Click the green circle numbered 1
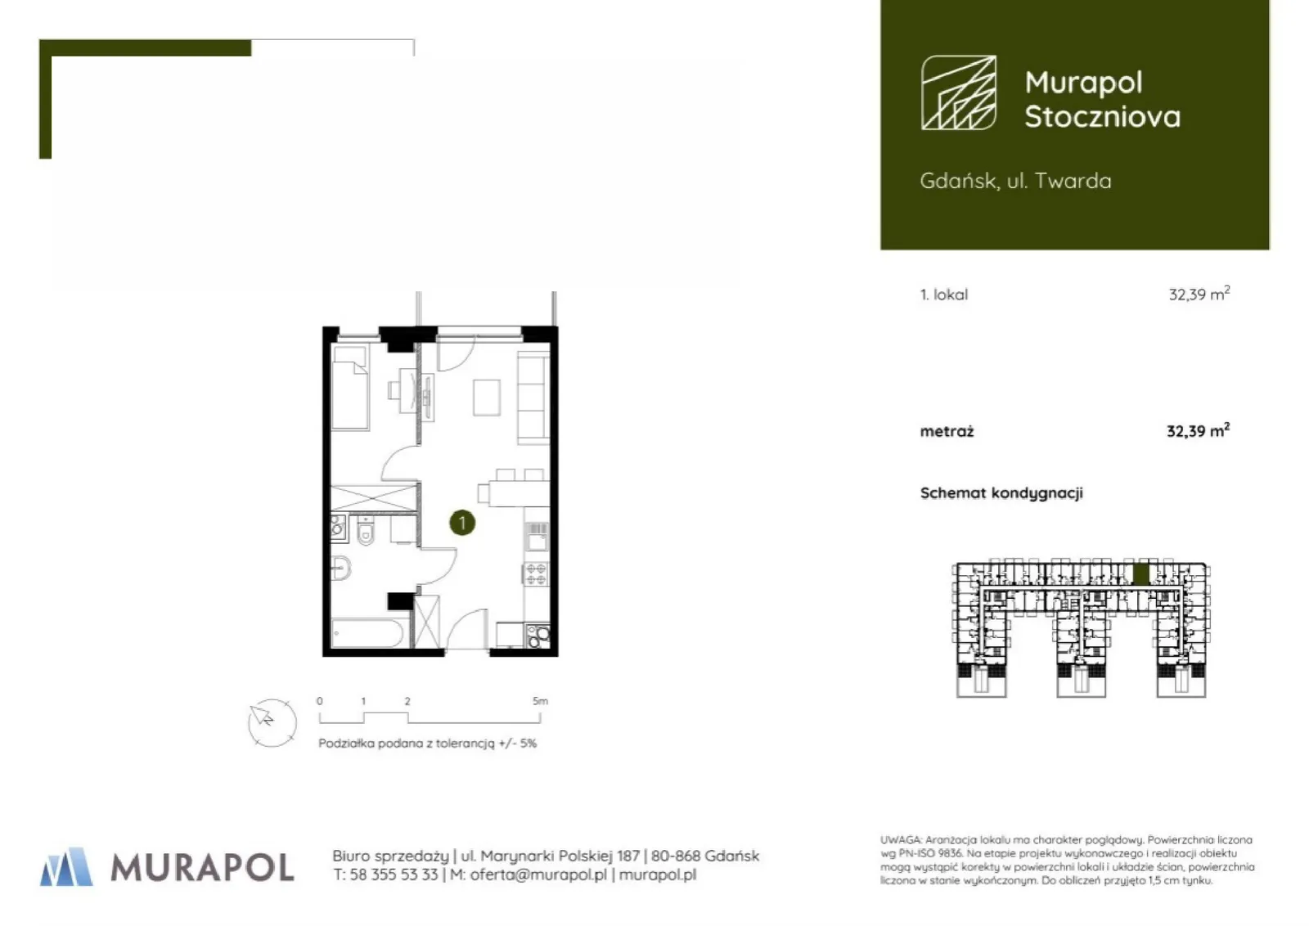click(462, 523)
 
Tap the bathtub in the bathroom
click(367, 632)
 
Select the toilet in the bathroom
click(366, 530)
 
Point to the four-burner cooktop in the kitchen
click(536, 573)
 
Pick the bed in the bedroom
click(350, 388)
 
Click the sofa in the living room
click(533, 398)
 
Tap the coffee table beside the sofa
click(487, 398)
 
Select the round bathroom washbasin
click(340, 567)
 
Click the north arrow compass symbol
click(272, 722)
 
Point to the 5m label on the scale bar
click(541, 700)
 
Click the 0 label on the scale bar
click(320, 700)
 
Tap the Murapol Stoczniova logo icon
click(959, 92)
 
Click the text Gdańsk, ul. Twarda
click(1015, 181)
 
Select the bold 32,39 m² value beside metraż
click(1198, 431)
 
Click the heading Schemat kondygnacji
click(1001, 493)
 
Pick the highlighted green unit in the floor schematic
click(1141, 573)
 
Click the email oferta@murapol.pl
click(538, 874)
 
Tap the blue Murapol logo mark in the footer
click(66, 866)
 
